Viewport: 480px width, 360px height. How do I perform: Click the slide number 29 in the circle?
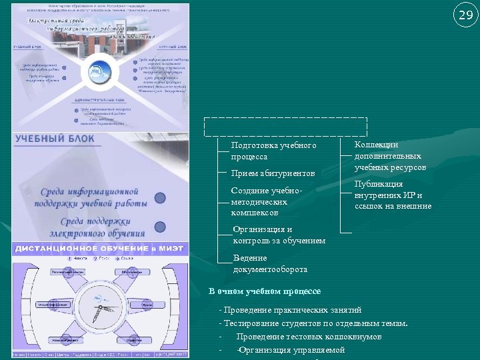coord(464,15)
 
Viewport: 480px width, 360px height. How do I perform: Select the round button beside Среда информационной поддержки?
coord(160,197)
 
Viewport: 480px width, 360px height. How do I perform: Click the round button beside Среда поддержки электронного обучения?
coord(160,227)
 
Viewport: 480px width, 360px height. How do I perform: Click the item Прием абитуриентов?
coord(273,173)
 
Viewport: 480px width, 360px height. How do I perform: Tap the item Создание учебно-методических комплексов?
coord(267,201)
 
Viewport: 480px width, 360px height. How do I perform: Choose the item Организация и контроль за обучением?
coord(279,235)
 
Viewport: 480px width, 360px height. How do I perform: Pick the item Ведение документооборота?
coord(270,263)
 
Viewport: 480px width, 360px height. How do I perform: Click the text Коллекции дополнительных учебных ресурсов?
coord(390,156)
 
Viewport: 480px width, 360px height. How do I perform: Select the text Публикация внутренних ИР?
coord(393,195)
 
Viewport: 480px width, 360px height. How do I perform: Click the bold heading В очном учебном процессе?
coord(265,291)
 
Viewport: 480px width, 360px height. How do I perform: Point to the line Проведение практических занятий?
coord(293,310)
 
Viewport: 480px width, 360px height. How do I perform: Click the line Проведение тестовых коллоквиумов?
coord(309,337)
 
